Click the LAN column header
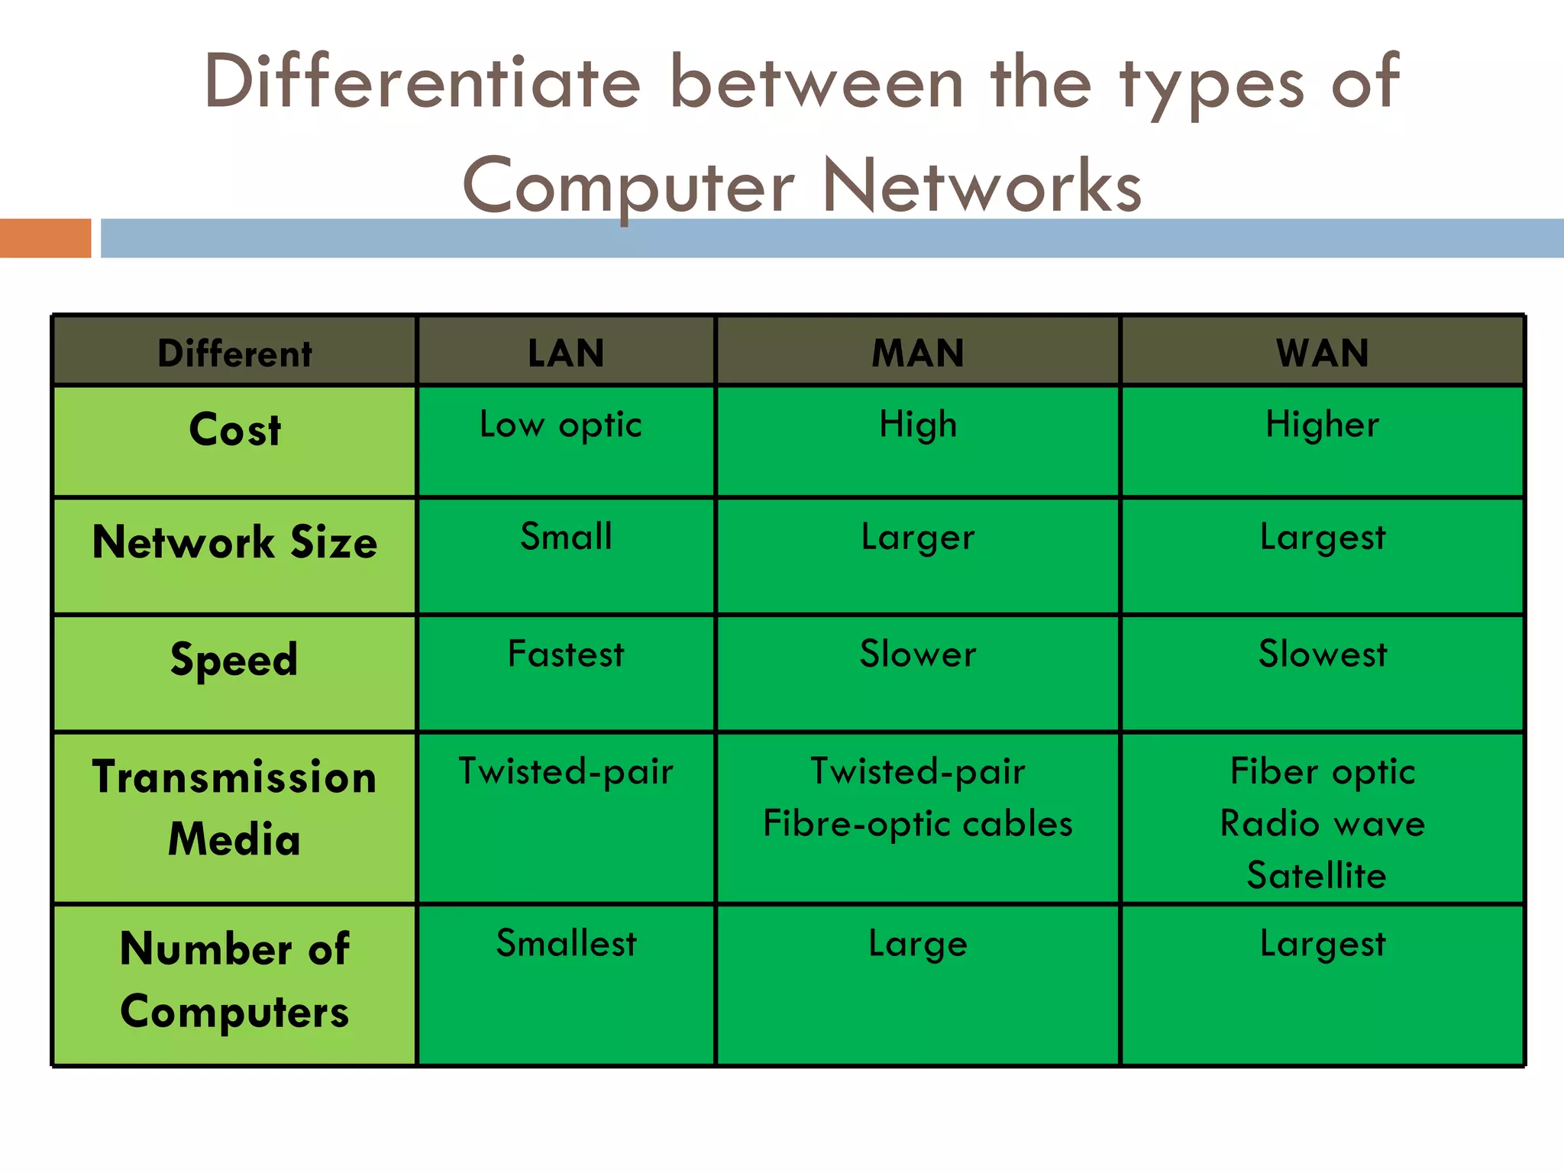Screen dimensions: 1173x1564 click(x=566, y=353)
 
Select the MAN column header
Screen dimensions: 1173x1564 click(x=918, y=353)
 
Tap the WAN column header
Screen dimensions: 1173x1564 click(x=1323, y=353)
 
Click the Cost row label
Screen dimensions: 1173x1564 click(x=235, y=429)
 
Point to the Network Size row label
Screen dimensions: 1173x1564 click(x=235, y=542)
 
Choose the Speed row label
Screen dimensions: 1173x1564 click(x=234, y=659)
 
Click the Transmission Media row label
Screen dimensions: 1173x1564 click(x=234, y=808)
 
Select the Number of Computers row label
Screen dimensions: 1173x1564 click(x=234, y=981)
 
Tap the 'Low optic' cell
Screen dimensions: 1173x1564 click(x=561, y=425)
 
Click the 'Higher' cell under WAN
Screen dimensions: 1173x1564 click(x=1323, y=425)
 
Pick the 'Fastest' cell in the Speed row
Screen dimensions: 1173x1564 click(x=566, y=654)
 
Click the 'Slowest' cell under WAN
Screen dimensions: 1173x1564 click(x=1323, y=654)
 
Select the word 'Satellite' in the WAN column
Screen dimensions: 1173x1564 click(x=1317, y=875)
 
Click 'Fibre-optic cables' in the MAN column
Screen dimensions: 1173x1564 click(x=918, y=823)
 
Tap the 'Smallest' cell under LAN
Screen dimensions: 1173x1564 click(x=566, y=943)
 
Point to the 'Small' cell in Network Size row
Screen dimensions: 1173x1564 click(x=566, y=536)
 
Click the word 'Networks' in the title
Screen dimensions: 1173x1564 click(x=982, y=186)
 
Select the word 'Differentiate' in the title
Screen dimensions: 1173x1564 click(x=422, y=82)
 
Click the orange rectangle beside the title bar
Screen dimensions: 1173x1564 click(x=45, y=238)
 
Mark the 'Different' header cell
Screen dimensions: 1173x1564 click(x=235, y=354)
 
